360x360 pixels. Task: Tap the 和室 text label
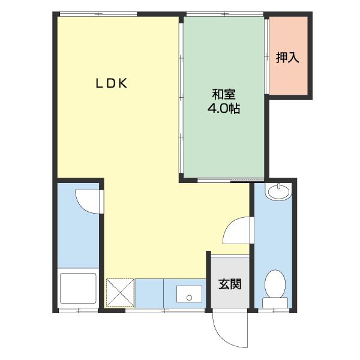[223, 95]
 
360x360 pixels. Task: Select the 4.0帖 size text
[223, 109]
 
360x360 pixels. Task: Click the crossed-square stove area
[120, 293]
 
